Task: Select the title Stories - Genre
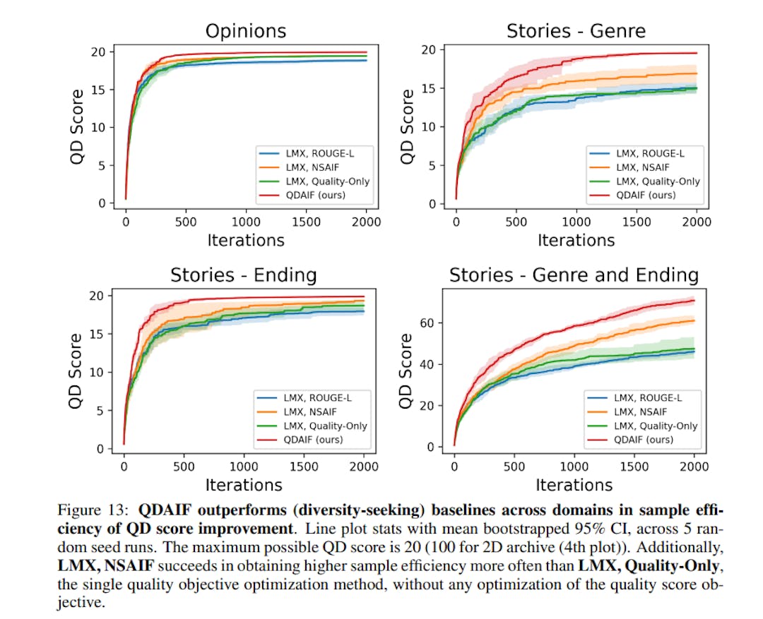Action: pyautogui.click(x=576, y=31)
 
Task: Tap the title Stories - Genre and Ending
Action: pyautogui.click(x=574, y=275)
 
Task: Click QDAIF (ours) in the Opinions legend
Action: pyautogui.click(x=315, y=194)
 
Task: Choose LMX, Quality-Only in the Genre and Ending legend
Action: pyautogui.click(x=656, y=426)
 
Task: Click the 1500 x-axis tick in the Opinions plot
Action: pyautogui.click(x=307, y=222)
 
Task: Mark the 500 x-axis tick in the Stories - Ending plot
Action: pyautogui.click(x=184, y=466)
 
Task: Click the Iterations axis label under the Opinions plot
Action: pyautogui.click(x=245, y=240)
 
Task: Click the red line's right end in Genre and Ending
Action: pyautogui.click(x=694, y=301)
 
